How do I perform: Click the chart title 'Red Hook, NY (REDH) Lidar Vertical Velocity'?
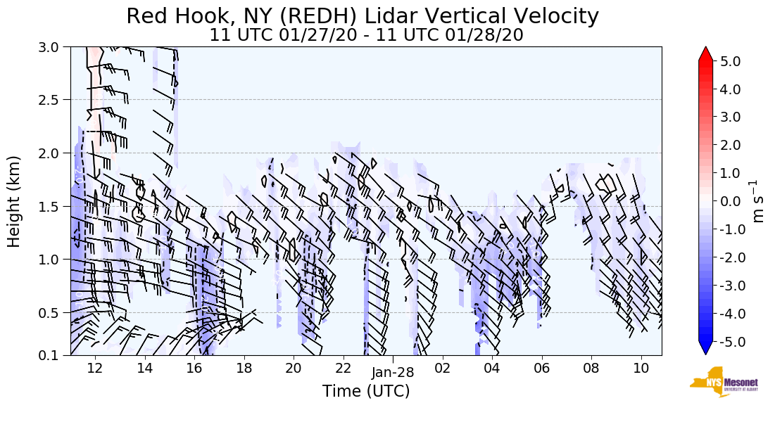click(x=363, y=16)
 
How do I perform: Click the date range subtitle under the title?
click(x=366, y=34)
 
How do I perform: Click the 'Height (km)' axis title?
click(x=14, y=201)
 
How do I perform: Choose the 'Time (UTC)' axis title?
click(x=366, y=391)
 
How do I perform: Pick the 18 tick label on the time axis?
click(x=244, y=368)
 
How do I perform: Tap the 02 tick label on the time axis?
click(x=442, y=368)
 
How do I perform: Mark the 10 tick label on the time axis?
click(x=641, y=368)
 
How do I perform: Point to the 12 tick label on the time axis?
click(x=95, y=368)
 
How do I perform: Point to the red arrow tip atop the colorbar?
click(x=705, y=53)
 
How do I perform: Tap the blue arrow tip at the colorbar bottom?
click(x=705, y=349)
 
